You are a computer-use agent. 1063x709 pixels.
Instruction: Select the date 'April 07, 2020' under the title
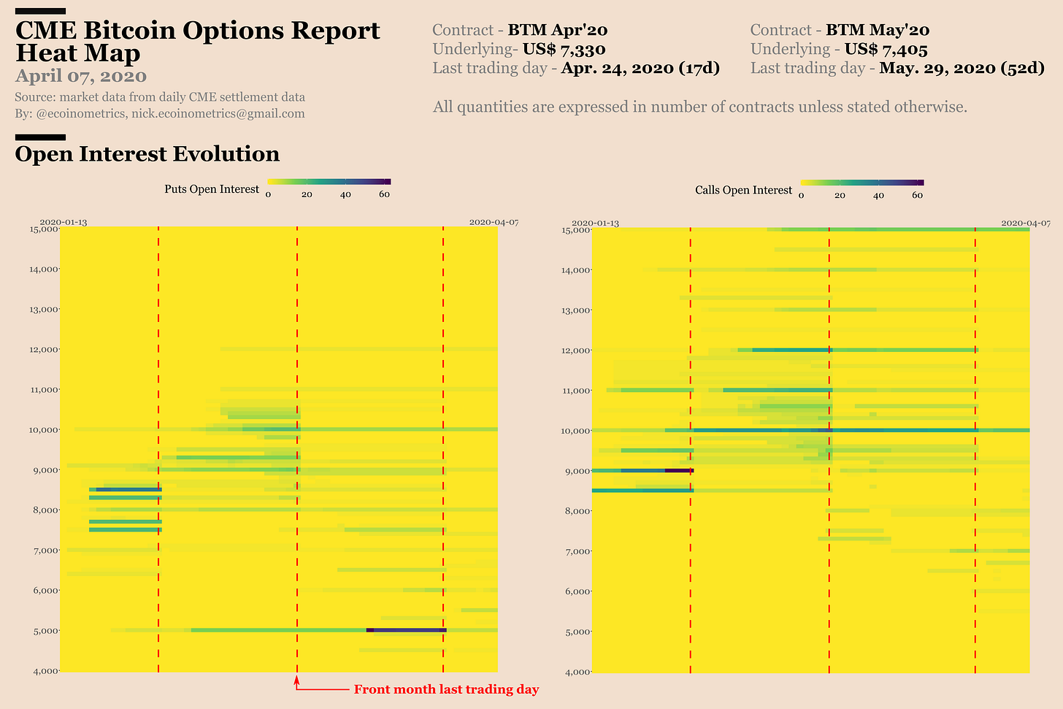click(x=80, y=76)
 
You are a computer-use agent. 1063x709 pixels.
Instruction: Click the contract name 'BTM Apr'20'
click(x=558, y=31)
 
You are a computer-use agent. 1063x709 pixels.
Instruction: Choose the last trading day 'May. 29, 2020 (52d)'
click(x=962, y=69)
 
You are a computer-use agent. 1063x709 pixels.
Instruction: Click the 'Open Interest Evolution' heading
click(x=147, y=154)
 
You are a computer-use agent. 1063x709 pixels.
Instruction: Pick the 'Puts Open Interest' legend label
click(x=212, y=190)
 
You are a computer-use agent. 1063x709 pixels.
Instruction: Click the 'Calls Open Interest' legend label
click(x=743, y=191)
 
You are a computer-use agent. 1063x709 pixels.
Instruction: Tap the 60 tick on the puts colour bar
click(x=384, y=194)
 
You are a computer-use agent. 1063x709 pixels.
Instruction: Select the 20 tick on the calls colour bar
click(x=840, y=195)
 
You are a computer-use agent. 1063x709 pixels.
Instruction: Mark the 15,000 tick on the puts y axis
click(x=43, y=229)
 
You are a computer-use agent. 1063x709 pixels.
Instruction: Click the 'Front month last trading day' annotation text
click(x=446, y=690)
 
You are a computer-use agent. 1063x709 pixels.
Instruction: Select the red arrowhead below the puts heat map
click(x=296, y=681)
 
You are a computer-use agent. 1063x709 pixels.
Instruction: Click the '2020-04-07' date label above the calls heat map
click(x=1025, y=223)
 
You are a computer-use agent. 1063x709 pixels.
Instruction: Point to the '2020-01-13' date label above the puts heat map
click(x=63, y=222)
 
